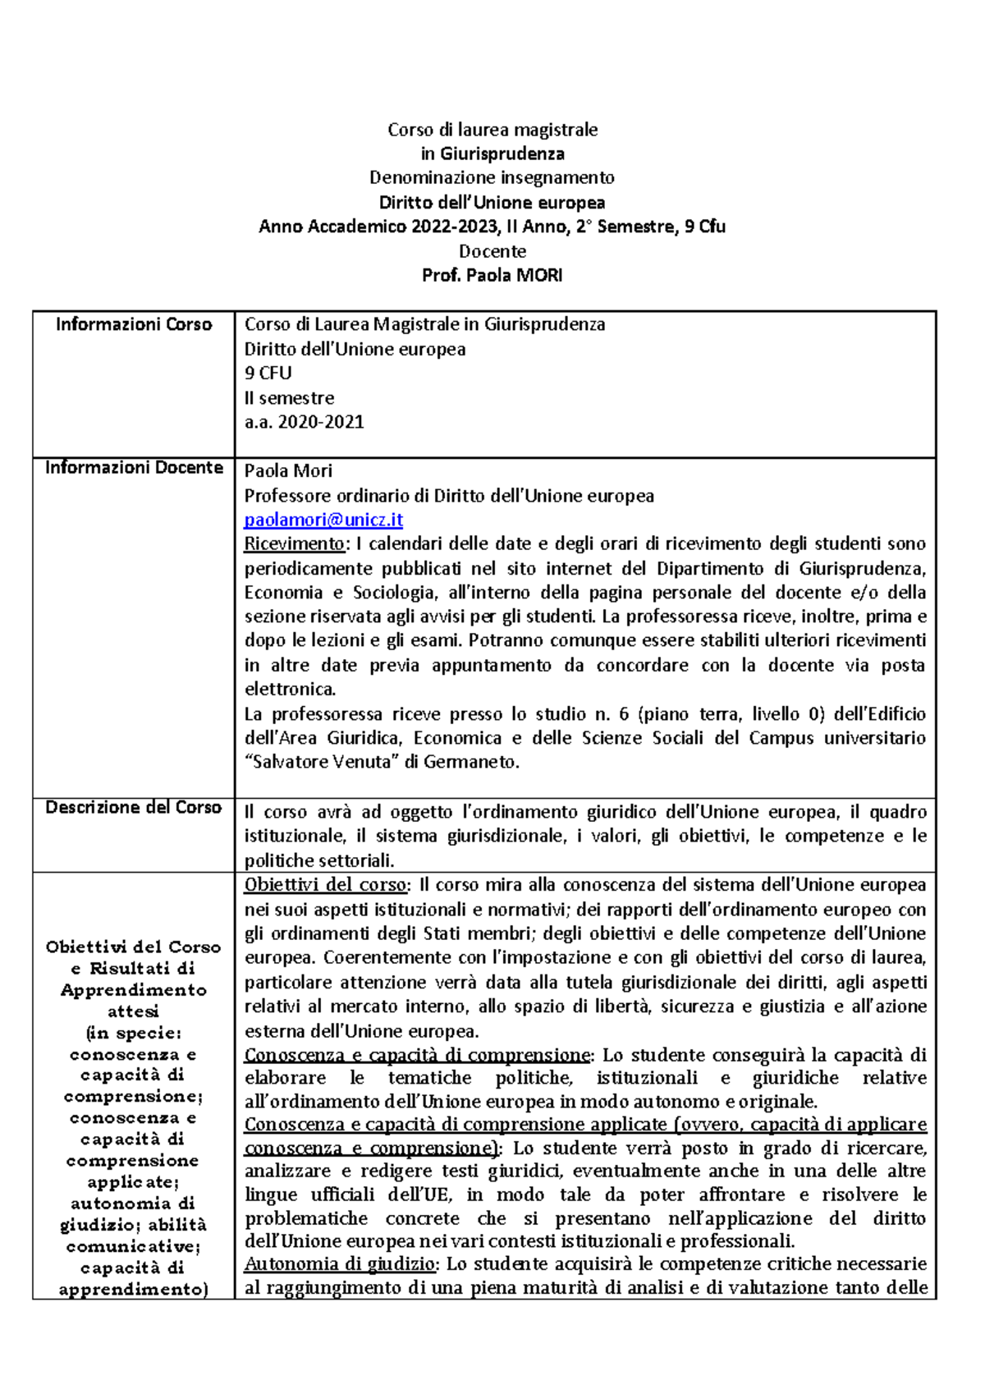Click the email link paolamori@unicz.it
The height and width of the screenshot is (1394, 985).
click(323, 520)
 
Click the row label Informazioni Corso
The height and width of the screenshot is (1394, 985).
click(134, 324)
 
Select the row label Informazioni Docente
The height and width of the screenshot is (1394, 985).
click(134, 467)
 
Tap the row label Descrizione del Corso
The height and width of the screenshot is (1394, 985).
click(134, 807)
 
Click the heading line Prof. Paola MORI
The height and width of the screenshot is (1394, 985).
click(492, 275)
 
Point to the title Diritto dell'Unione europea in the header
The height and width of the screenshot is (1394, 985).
click(492, 202)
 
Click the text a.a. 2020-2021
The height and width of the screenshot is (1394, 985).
click(304, 422)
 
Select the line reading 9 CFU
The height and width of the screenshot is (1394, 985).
click(268, 373)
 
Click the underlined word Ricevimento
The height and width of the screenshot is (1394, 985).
click(294, 543)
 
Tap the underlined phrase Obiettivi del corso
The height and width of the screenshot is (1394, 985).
click(325, 885)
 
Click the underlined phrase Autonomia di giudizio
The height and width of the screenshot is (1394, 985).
click(341, 1263)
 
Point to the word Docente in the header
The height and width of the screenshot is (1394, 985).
click(492, 251)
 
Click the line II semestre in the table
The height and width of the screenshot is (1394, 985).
click(289, 398)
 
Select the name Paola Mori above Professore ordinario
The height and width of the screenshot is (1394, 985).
click(288, 470)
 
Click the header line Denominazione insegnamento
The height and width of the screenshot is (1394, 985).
click(492, 177)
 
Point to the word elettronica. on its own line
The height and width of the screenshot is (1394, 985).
click(291, 689)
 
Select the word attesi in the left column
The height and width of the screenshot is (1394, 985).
click(134, 1011)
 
